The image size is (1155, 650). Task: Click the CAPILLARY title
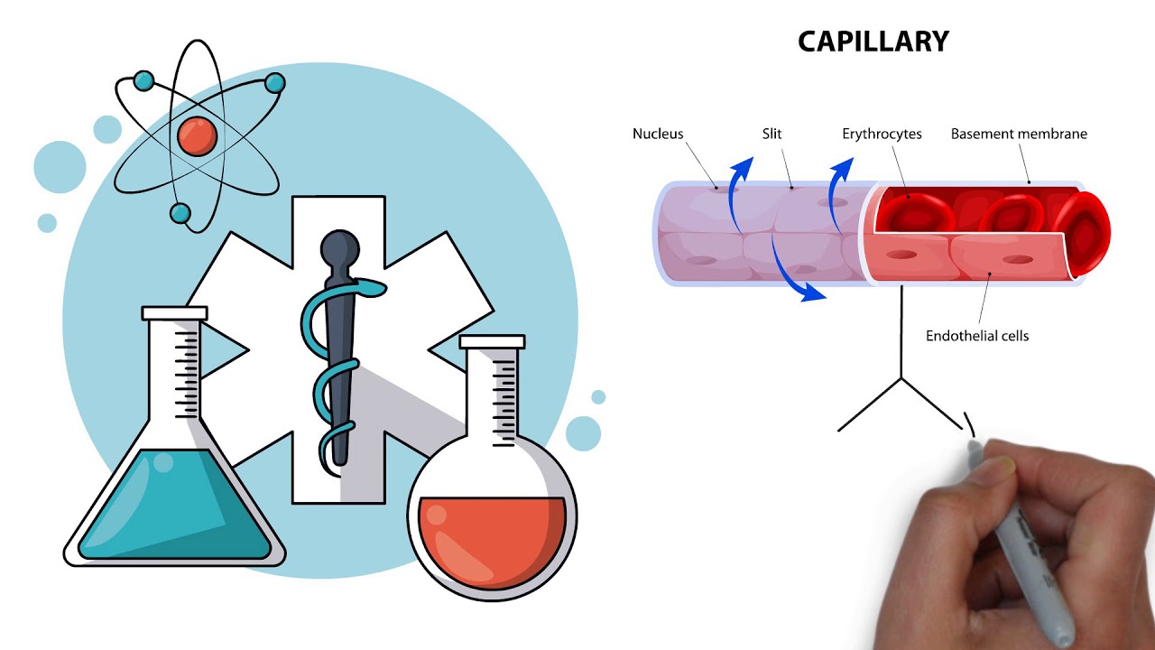point(873,42)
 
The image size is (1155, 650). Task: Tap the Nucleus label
point(658,134)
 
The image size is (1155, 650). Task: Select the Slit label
point(772,134)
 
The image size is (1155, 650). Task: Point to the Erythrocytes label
point(882,134)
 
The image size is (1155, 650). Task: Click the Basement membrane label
point(1019,134)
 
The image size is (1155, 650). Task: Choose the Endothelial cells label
point(977,336)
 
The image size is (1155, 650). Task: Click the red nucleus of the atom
point(197,135)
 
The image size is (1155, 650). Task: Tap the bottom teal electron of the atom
point(180,213)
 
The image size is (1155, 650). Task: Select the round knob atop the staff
point(340,246)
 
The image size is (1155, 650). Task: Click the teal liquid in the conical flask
point(171,506)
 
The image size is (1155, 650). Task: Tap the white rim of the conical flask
point(174,313)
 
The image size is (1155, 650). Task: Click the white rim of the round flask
point(492,342)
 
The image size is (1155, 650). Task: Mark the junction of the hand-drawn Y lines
point(901,378)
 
